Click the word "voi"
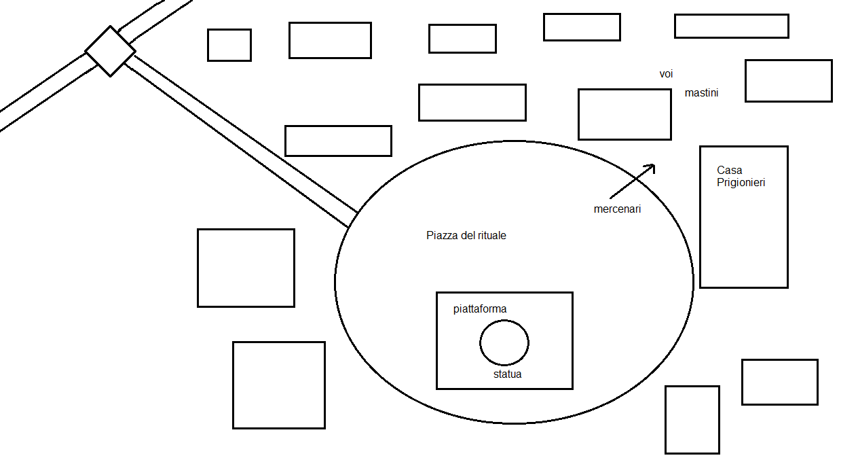tap(666, 74)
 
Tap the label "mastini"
tap(701, 93)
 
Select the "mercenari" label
tap(617, 209)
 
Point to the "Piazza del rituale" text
tap(466, 236)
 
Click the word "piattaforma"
tap(480, 309)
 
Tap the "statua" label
tap(507, 374)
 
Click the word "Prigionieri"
tap(741, 183)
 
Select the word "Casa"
tap(729, 170)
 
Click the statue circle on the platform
tap(504, 342)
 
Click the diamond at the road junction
tap(110, 51)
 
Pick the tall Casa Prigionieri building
tap(744, 231)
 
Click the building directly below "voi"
tap(624, 114)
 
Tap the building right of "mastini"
tap(788, 81)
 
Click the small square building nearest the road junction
tap(229, 45)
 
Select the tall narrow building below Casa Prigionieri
tap(692, 419)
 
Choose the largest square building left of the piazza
tap(278, 385)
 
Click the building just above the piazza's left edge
tap(338, 141)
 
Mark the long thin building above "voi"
tap(731, 26)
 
